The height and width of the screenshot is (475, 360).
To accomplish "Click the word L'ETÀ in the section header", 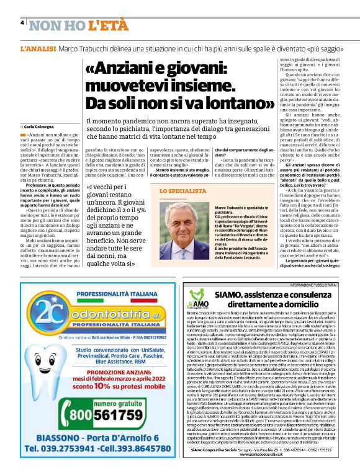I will pyautogui.click(x=108, y=25).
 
